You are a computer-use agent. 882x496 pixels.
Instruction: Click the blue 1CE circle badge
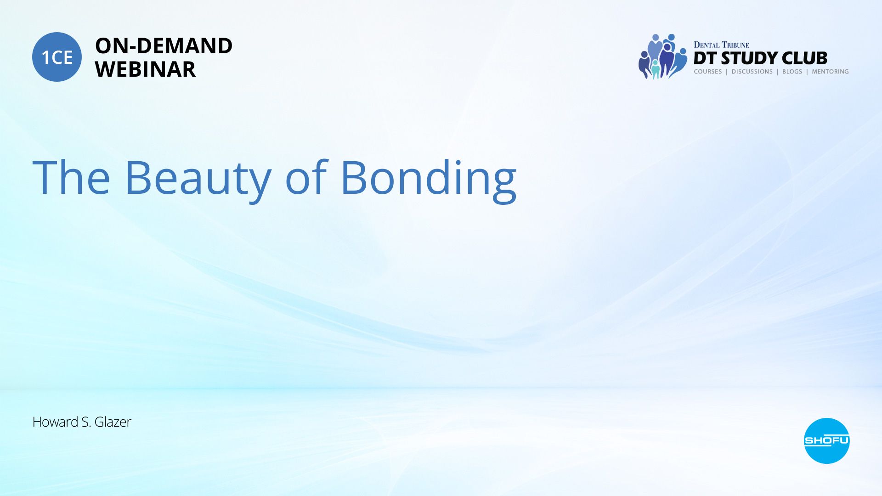[57, 57]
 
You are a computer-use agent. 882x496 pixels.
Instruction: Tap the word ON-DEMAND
[164, 46]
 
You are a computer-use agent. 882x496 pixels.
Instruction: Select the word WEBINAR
[145, 69]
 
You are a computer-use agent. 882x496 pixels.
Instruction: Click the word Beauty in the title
[198, 179]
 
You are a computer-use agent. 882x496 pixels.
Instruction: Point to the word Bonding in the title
[429, 179]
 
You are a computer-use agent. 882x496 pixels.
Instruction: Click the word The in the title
[71, 177]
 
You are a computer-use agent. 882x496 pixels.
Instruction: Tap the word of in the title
[306, 176]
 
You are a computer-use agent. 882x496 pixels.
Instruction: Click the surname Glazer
[113, 422]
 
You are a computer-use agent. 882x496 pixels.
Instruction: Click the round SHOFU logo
[826, 441]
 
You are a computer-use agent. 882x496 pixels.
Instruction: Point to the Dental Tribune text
[721, 45]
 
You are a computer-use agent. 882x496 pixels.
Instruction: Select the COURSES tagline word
[708, 72]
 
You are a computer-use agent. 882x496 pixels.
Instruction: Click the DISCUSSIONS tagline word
[752, 72]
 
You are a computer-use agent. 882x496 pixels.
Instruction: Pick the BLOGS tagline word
[792, 72]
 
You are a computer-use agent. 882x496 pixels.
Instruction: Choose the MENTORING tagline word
[830, 72]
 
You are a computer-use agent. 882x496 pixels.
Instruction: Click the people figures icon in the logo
[662, 56]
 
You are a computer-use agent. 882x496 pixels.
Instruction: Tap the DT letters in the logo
[705, 58]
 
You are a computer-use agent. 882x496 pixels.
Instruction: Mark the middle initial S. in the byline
[86, 422]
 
